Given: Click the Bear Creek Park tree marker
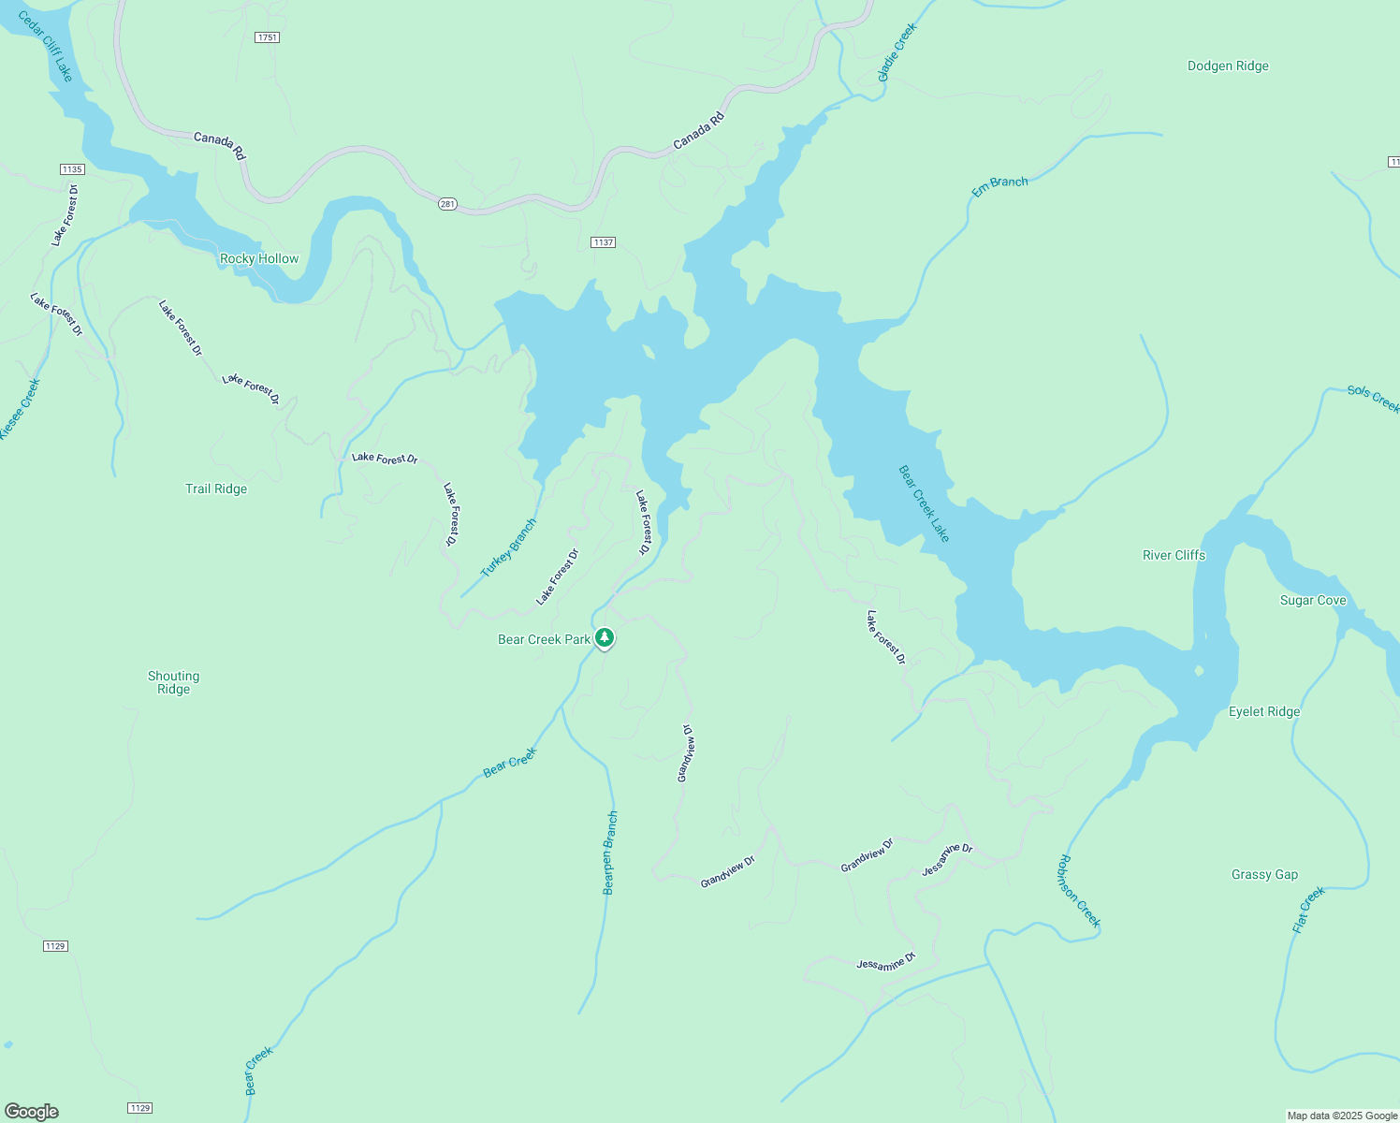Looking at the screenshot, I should point(605,638).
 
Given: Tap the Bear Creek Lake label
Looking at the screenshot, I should point(924,503).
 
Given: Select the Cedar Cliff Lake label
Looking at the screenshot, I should point(46,46).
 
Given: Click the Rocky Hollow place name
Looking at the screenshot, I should point(259,258).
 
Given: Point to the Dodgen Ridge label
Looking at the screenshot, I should point(1228,66).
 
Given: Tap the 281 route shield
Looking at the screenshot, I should point(447,204).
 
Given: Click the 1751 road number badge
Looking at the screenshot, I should point(267,37).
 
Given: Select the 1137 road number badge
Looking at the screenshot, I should point(603,242).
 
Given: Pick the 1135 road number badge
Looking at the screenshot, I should point(72,169).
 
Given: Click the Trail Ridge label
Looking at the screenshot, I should point(216,489).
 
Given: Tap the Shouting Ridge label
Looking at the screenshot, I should point(173,682).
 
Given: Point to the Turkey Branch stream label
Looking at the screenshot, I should point(508,547).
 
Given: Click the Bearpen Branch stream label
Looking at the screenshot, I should point(610,853).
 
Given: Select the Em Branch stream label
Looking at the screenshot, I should point(999,186).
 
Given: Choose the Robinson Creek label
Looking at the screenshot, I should point(1079,891).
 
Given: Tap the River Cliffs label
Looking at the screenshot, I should point(1174,555).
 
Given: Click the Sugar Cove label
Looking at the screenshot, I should point(1313,600).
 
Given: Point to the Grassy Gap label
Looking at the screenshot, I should point(1264,874).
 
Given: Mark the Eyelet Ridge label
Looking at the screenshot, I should point(1264,711).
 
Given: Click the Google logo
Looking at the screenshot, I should point(32,1112).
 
